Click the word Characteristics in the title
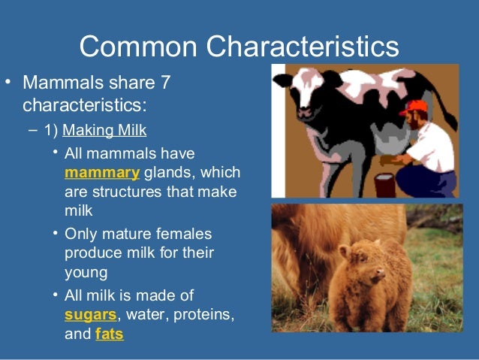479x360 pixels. [x=303, y=47]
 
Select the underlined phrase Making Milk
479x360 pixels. [x=104, y=130]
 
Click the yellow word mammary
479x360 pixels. [x=102, y=173]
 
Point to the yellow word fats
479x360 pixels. [x=110, y=331]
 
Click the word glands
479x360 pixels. [x=167, y=173]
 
